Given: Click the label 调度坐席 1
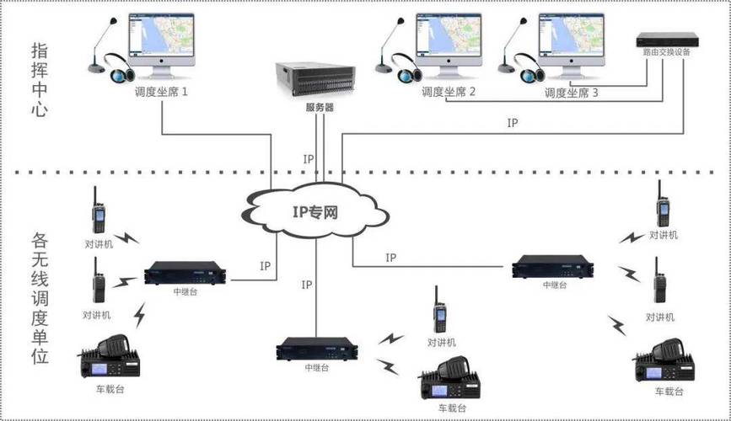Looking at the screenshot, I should click(160, 92).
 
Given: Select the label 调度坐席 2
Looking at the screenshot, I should click(449, 92).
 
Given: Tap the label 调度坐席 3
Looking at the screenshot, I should click(571, 93).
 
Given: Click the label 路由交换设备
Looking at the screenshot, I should click(666, 55).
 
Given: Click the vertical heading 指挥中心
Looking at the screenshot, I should click(39, 80).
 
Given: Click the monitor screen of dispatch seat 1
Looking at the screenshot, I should click(161, 37).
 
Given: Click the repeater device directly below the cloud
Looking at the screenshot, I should click(317, 349).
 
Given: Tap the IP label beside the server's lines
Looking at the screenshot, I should click(309, 158).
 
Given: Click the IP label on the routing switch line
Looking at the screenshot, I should click(513, 123).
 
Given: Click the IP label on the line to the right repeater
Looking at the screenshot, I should click(390, 258).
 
